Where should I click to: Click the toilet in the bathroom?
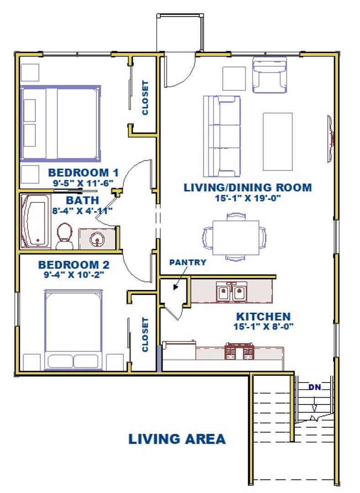pyautogui.click(x=65, y=236)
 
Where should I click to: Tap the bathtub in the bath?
pyautogui.click(x=36, y=221)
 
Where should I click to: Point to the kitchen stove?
pyautogui.click(x=239, y=351)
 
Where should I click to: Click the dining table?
pyautogui.click(x=236, y=237)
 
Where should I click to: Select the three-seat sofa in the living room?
pyautogui.click(x=222, y=136)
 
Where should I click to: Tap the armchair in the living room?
pyautogui.click(x=270, y=75)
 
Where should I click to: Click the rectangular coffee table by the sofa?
pyautogui.click(x=278, y=142)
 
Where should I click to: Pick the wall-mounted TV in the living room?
pyautogui.click(x=330, y=139)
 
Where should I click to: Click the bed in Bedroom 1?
pyautogui.click(x=60, y=123)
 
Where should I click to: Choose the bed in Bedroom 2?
pyautogui.click(x=74, y=330)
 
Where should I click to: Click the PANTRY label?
pyautogui.click(x=188, y=262)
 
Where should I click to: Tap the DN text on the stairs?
pyautogui.click(x=315, y=387)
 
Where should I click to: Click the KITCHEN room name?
pyautogui.click(x=264, y=316)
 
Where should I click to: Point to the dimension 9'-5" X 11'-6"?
pyautogui.click(x=84, y=183)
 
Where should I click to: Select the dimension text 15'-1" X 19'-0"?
pyautogui.click(x=248, y=198)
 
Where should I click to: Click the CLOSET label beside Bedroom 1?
pyautogui.click(x=145, y=98)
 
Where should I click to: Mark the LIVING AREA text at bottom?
pyautogui.click(x=177, y=439)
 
